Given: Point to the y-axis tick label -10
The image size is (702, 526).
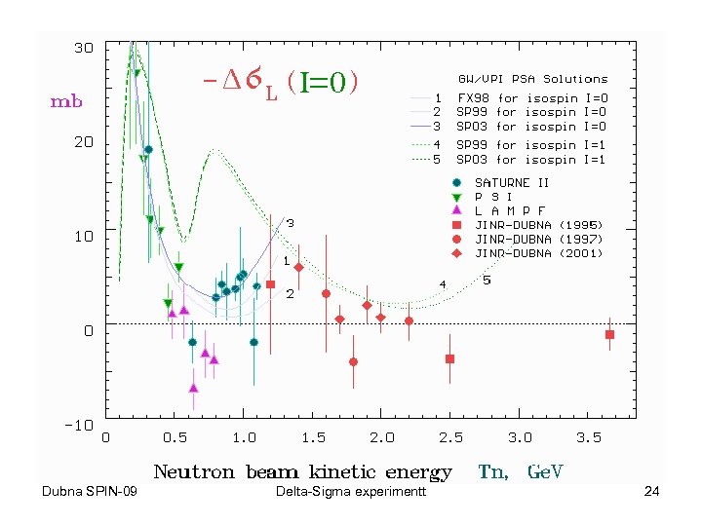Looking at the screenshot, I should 80,426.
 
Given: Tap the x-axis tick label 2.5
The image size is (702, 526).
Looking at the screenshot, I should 450,438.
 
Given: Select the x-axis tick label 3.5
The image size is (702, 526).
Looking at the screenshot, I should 588,438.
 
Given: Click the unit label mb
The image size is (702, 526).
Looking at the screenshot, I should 66,101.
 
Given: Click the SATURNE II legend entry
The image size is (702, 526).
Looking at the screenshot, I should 512,182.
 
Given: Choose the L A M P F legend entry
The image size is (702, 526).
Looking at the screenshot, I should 509,210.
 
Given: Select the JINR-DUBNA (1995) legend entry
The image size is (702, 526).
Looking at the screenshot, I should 538,225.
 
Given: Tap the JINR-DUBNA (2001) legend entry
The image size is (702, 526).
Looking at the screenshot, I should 538,253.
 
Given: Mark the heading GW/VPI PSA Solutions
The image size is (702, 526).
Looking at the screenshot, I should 532,79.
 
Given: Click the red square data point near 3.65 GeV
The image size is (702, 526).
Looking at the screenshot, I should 610,334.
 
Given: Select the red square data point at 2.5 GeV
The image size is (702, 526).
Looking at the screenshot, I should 450,358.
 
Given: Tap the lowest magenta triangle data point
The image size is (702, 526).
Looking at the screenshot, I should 193,388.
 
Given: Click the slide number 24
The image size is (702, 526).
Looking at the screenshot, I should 652,491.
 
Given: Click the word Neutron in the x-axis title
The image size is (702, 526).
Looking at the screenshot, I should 194,472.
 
